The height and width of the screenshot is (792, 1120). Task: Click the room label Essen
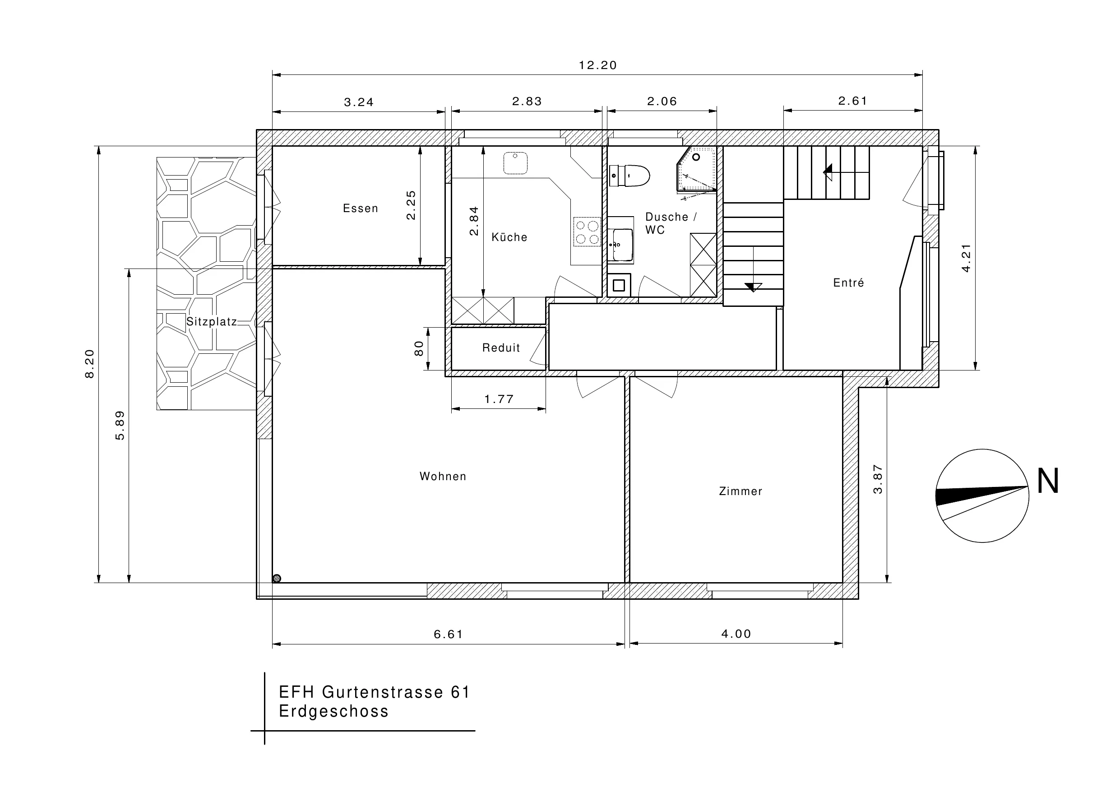[x=361, y=208]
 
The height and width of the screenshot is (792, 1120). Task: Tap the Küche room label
[x=509, y=237]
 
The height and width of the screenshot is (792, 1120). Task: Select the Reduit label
[x=501, y=348]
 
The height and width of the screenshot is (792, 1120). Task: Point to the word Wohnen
[x=443, y=476]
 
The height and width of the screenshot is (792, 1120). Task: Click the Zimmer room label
[x=740, y=491]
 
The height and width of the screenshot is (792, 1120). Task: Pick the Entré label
[x=848, y=283]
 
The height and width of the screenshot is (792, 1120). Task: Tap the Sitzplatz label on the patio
[x=212, y=322]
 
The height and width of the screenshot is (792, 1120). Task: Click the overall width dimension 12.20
[x=597, y=65]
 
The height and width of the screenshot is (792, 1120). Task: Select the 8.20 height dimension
[x=90, y=364]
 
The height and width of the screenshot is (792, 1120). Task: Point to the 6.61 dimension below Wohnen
[x=448, y=634]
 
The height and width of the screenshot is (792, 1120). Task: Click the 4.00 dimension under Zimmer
[x=736, y=634]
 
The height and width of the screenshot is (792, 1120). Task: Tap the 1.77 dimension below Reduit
[x=499, y=399]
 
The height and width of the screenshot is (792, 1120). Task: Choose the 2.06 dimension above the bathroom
[x=662, y=102]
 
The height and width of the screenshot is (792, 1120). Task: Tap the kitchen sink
[x=515, y=163]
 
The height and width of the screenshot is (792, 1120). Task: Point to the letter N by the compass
[x=1047, y=481]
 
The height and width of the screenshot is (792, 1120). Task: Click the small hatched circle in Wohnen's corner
[x=277, y=578]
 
